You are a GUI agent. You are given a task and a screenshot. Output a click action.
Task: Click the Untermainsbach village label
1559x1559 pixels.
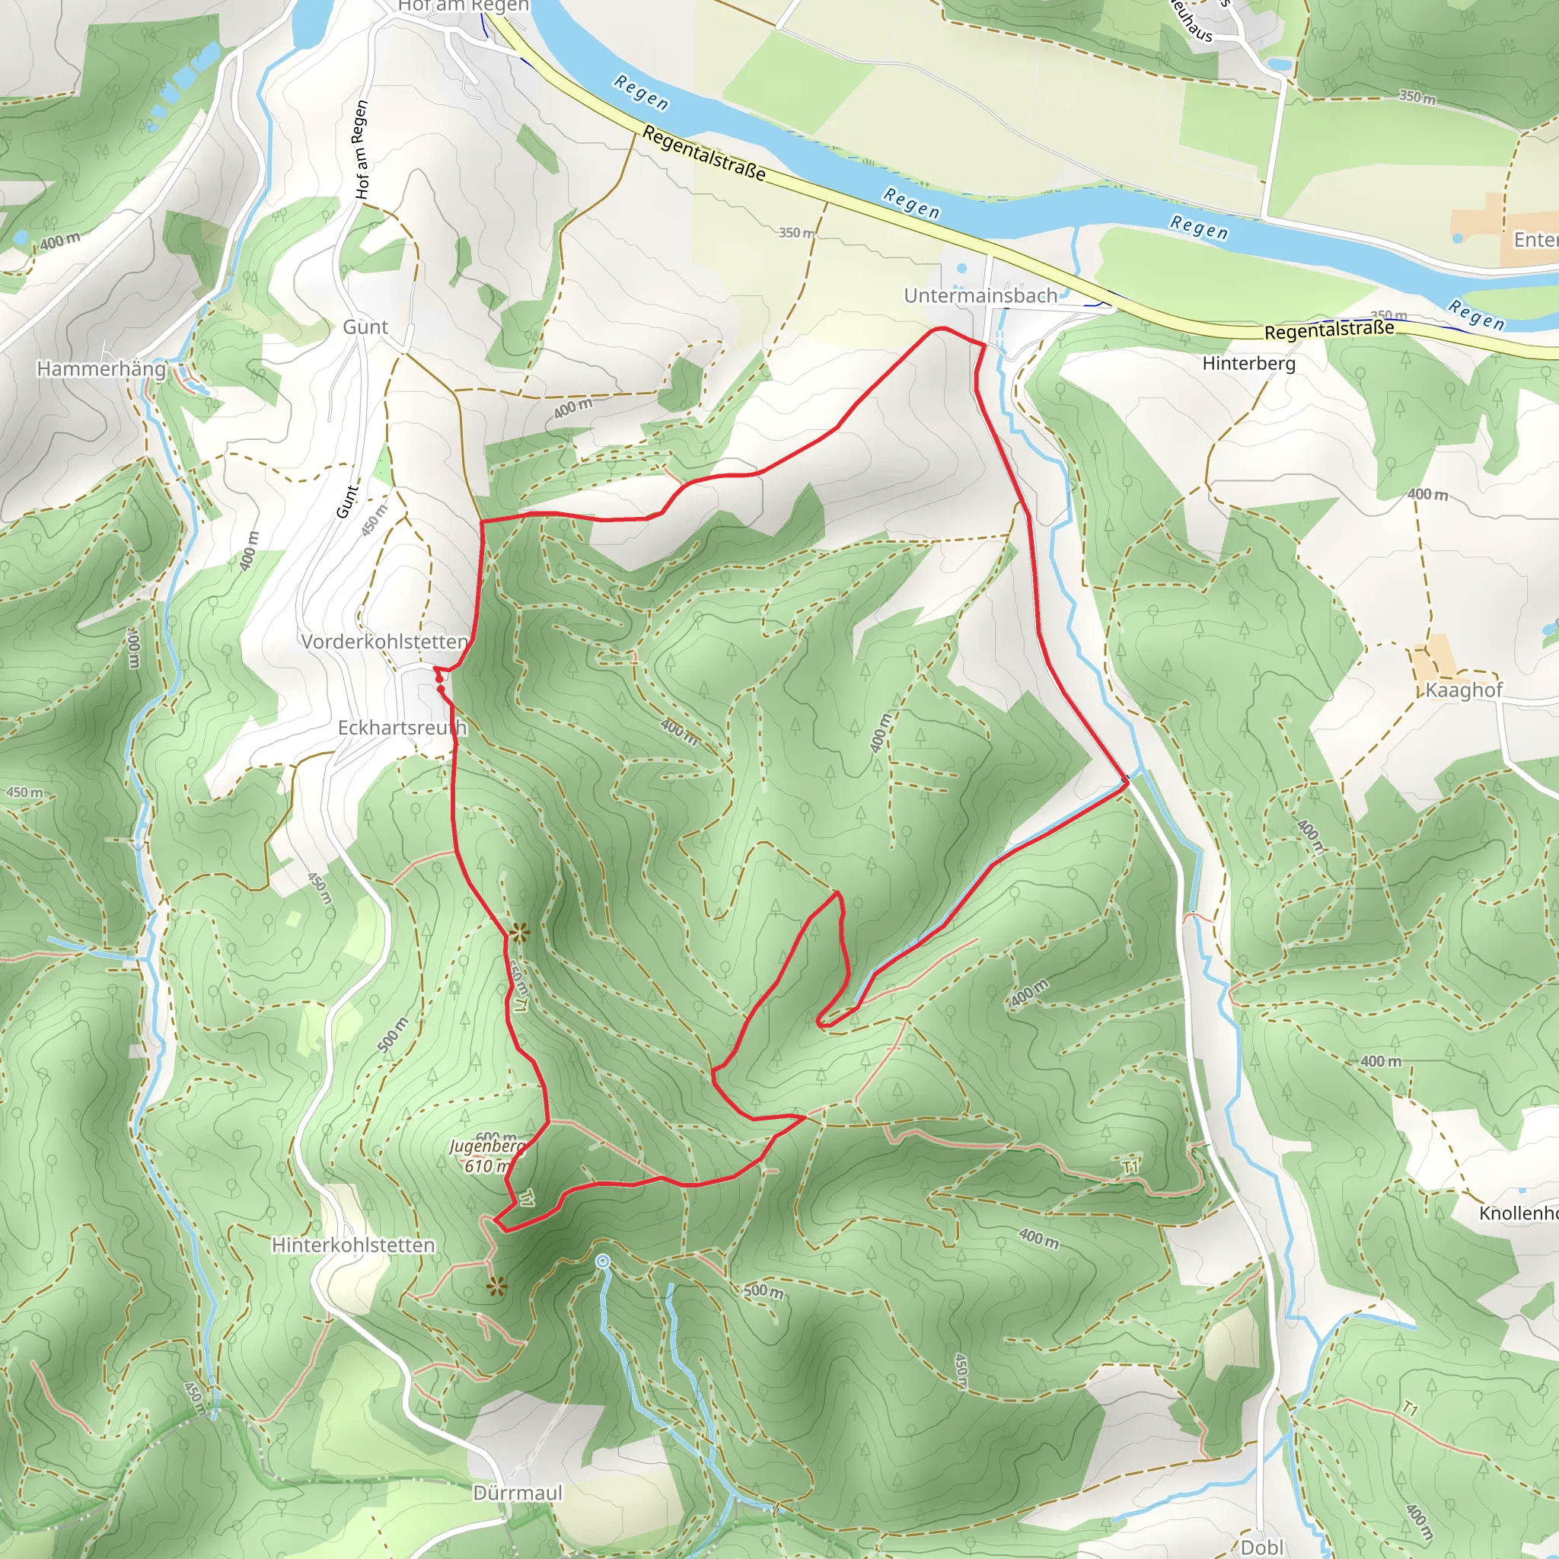pos(980,296)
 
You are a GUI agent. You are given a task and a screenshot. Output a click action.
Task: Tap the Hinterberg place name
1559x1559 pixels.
pos(1248,363)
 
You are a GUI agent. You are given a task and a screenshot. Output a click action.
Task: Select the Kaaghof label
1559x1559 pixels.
pos(1464,690)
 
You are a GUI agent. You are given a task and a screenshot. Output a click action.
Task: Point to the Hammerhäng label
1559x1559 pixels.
pos(102,368)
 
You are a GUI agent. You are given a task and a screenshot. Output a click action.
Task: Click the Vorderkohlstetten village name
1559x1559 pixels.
pos(384,642)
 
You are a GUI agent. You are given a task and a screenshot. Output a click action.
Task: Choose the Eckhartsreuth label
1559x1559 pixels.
pos(402,728)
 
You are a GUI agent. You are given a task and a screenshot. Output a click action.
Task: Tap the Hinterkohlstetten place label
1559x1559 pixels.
pos(352,1245)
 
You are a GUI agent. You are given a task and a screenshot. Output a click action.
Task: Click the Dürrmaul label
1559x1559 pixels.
pos(517,1493)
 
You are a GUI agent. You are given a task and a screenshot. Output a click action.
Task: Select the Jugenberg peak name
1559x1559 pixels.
pos(486,1146)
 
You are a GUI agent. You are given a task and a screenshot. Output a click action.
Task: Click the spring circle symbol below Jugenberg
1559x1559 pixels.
pos(603,1261)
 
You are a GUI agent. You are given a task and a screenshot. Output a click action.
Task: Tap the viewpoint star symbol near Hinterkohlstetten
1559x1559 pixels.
pos(496,1287)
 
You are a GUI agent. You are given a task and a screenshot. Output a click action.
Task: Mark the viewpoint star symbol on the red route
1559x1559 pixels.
pos(520,935)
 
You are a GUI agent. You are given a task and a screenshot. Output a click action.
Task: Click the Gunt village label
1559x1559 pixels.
pos(365,327)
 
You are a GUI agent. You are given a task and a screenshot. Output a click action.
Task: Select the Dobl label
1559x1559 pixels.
pos(1261,1547)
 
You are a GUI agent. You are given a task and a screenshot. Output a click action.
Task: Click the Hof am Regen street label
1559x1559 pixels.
pos(362,150)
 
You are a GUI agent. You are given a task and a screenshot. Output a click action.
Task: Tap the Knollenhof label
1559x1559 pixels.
pos(1517,1213)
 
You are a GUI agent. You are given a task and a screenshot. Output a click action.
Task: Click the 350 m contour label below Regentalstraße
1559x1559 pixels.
pos(796,232)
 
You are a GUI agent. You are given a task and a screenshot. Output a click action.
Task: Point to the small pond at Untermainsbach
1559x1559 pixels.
pos(961,268)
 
